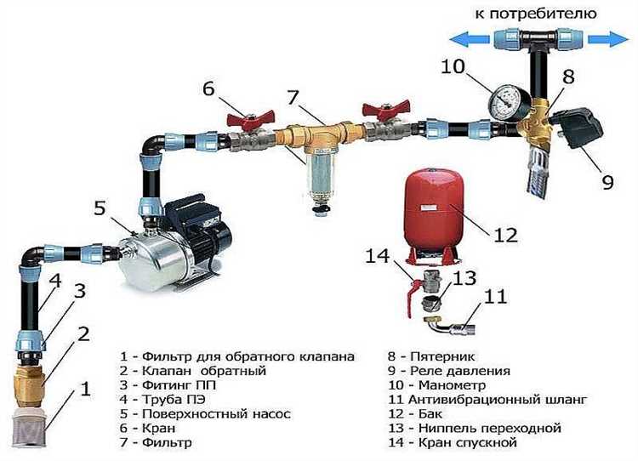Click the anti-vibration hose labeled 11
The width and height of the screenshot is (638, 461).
pos(453,324)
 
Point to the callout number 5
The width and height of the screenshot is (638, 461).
pos(100,208)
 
